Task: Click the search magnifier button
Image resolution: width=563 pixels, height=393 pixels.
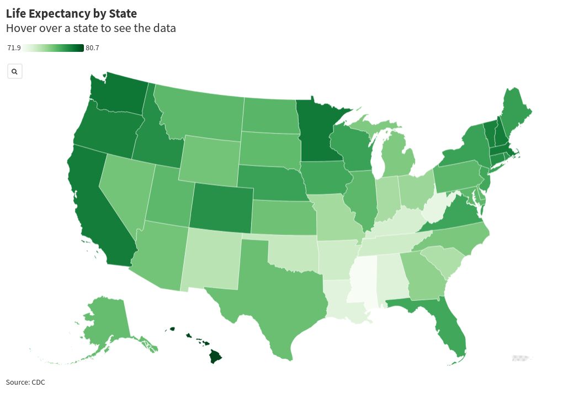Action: tap(15, 71)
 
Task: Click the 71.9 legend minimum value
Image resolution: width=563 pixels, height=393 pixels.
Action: tap(14, 48)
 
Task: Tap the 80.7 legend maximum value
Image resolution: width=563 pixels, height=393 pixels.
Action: tap(92, 48)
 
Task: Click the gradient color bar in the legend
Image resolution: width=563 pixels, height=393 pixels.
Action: tap(53, 48)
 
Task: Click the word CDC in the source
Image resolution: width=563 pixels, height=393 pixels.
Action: tap(38, 382)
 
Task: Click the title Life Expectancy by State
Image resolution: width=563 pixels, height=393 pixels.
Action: tap(71, 13)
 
